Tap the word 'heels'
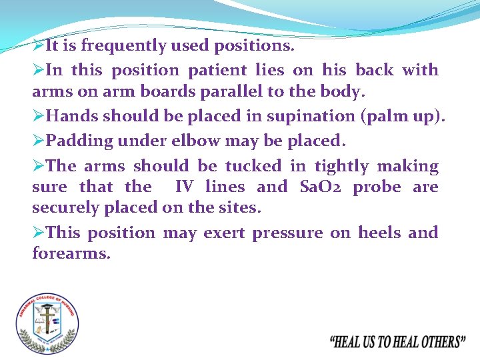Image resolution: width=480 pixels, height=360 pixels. (379, 233)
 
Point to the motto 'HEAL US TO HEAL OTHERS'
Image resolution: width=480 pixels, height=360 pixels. (397, 341)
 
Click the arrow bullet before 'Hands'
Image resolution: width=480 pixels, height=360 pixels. (39, 116)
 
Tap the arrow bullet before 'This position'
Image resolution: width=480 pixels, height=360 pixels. (39, 233)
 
